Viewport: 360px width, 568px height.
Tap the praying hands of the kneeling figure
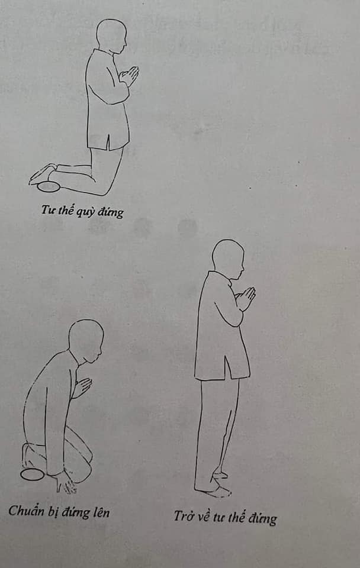[x=130, y=75]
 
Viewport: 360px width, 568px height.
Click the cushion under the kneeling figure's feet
[x=49, y=187]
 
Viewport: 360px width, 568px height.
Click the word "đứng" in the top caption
[x=113, y=212]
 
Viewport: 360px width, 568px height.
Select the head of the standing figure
[x=227, y=258]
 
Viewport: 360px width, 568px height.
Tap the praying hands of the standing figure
[x=246, y=297]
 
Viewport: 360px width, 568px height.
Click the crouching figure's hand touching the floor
[x=65, y=482]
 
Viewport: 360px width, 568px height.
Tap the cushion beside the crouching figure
[x=33, y=474]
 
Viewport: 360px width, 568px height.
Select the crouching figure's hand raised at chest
[x=82, y=386]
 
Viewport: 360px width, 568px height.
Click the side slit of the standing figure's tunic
[x=226, y=370]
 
